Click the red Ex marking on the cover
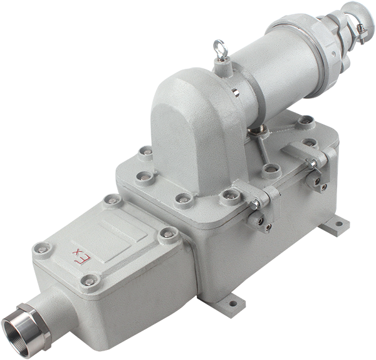coord(82,257)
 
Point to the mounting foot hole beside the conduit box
coord(232,304)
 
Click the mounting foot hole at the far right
coord(338,224)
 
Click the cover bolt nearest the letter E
coord(90,282)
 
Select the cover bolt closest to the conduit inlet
coord(90,282)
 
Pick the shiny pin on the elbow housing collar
coord(236,92)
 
